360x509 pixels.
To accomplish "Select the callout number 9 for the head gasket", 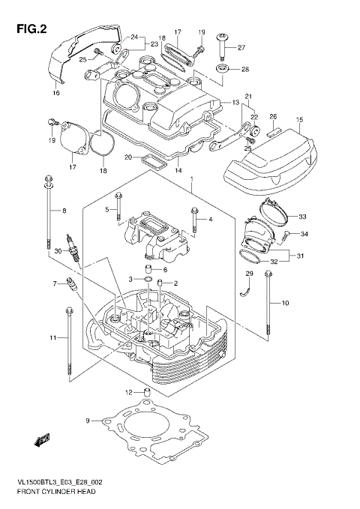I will (87, 421).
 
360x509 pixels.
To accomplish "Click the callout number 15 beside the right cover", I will (298, 120).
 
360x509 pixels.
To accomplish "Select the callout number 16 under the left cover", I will (55, 93).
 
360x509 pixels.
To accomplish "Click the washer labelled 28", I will (224, 70).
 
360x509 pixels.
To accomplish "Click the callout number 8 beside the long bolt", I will (64, 211).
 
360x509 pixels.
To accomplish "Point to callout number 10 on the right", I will (284, 302).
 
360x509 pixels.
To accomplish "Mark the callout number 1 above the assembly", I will (192, 179).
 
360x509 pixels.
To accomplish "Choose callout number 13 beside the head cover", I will (235, 102).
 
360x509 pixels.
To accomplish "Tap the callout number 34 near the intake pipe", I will (304, 234).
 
